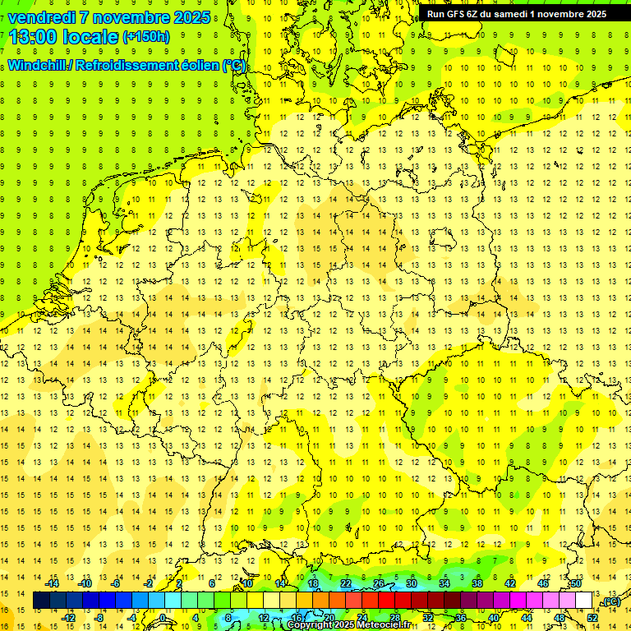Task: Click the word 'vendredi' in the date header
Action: pos(42,16)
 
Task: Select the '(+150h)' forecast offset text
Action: pos(145,36)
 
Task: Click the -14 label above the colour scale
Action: pos(53,583)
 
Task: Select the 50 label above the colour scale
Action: pos(575,583)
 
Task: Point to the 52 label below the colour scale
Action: pos(592,617)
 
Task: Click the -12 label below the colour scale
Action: pos(69,617)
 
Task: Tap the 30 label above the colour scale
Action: pos(411,583)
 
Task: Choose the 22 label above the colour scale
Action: pos(345,583)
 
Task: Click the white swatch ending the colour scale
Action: pos(583,601)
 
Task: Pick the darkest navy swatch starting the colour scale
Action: pos(41,601)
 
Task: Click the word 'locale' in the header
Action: pos(93,36)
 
